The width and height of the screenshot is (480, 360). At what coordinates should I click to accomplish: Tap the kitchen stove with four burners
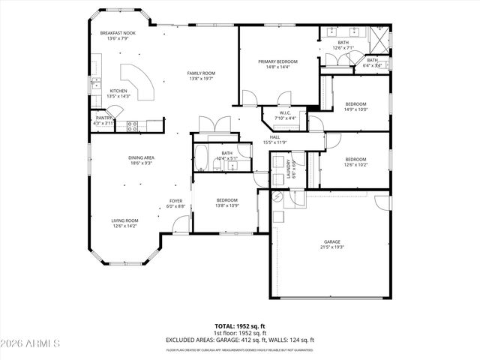pyautogui.click(x=132, y=126)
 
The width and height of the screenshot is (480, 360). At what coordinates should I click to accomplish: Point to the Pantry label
pyautogui.click(x=103, y=118)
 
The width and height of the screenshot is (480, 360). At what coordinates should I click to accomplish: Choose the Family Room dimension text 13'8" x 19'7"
pyautogui.click(x=201, y=78)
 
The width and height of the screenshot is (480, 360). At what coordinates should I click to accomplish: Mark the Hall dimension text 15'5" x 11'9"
pyautogui.click(x=275, y=142)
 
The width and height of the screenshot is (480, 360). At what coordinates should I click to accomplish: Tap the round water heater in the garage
pyautogui.click(x=278, y=196)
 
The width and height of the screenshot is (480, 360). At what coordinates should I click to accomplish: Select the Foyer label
pyautogui.click(x=175, y=200)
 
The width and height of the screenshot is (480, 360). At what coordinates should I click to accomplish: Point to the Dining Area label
pyautogui.click(x=141, y=158)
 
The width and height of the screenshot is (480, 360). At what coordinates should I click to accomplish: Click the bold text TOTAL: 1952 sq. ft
pyautogui.click(x=240, y=326)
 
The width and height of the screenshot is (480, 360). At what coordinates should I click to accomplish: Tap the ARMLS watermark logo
pyautogui.click(x=31, y=343)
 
